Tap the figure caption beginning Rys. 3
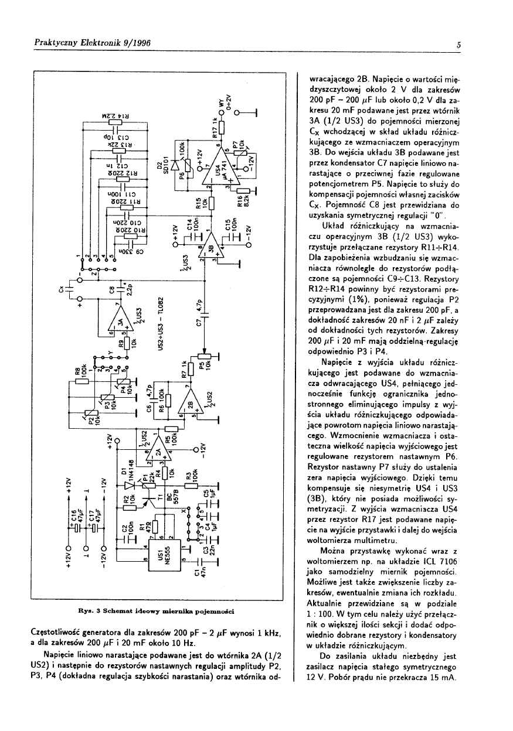point(157,611)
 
